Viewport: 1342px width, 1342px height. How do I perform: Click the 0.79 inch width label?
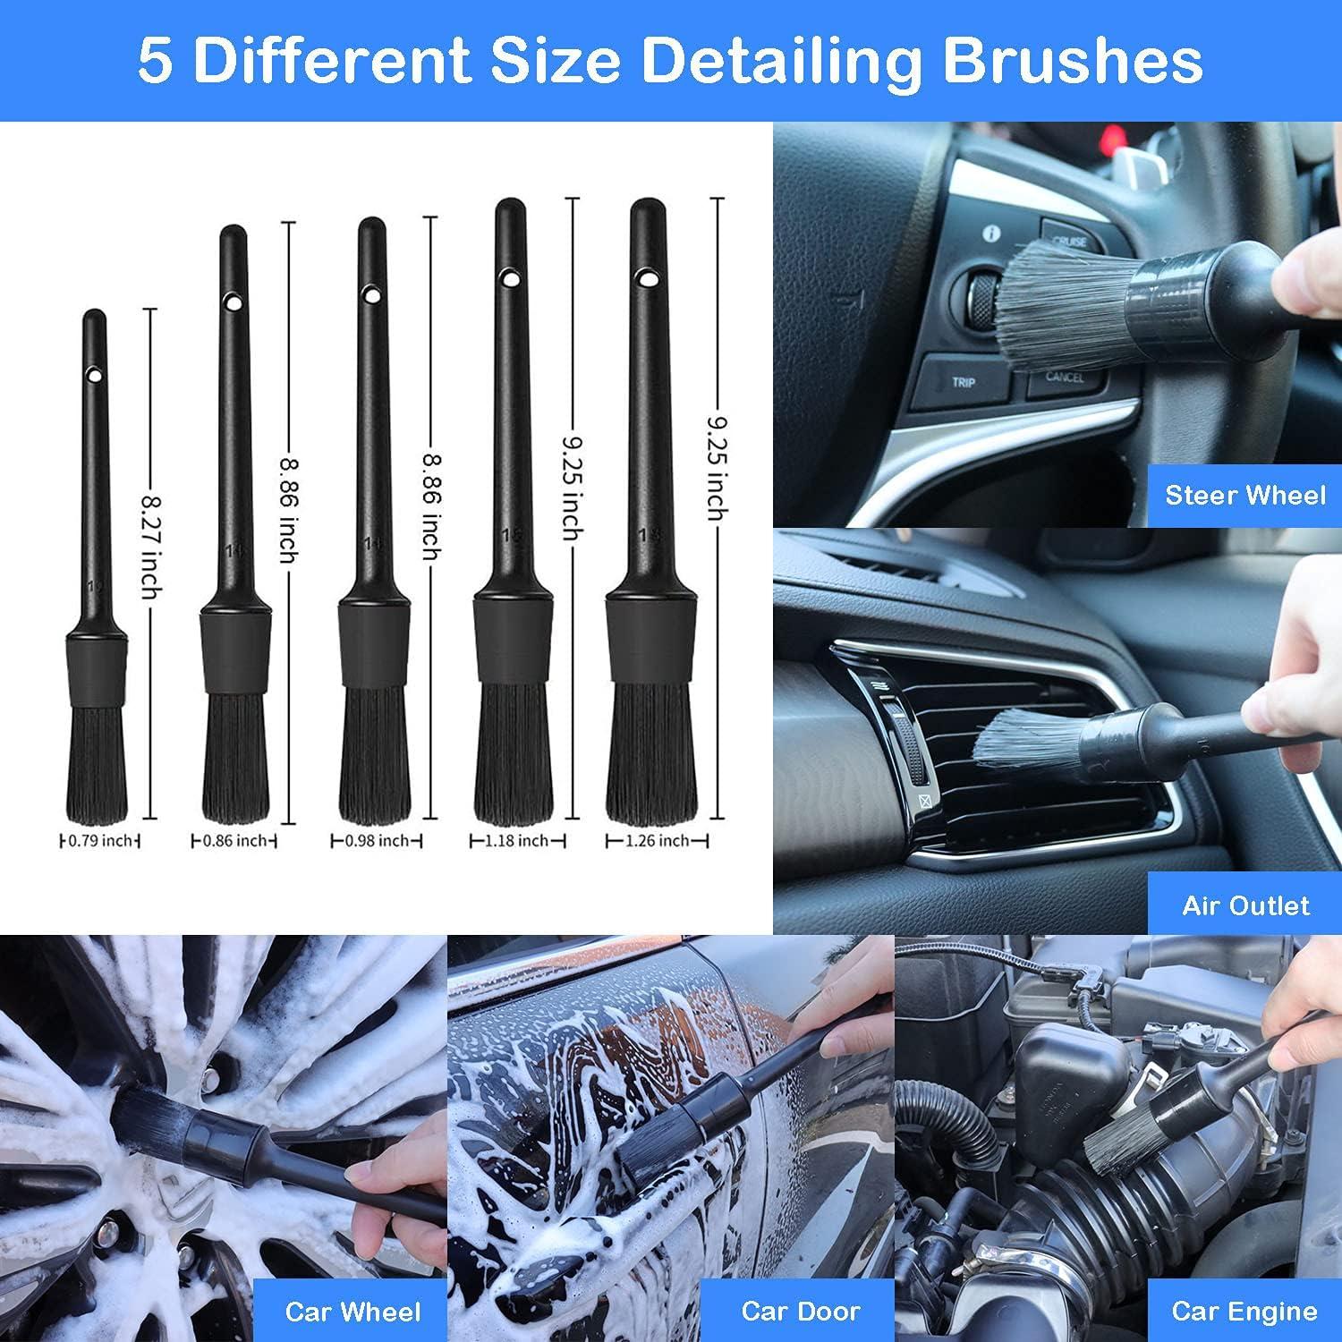[x=99, y=841]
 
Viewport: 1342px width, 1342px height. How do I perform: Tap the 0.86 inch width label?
[x=234, y=841]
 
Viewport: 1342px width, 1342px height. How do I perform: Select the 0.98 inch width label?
[x=376, y=841]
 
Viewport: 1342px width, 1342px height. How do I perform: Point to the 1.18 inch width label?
[x=517, y=841]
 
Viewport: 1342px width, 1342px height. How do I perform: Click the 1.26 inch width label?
[x=658, y=841]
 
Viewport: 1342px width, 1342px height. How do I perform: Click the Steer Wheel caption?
[x=1244, y=495]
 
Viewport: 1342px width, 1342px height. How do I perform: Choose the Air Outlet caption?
[x=1245, y=905]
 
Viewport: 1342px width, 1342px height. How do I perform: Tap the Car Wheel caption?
[x=352, y=1312]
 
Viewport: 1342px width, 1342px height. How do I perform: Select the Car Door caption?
[x=800, y=1312]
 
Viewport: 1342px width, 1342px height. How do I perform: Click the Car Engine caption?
[x=1244, y=1312]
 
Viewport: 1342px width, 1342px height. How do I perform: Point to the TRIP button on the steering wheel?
[x=964, y=383]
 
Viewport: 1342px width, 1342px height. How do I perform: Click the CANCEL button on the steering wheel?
[x=1064, y=377]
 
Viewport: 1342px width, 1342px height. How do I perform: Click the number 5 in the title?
[x=155, y=60]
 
